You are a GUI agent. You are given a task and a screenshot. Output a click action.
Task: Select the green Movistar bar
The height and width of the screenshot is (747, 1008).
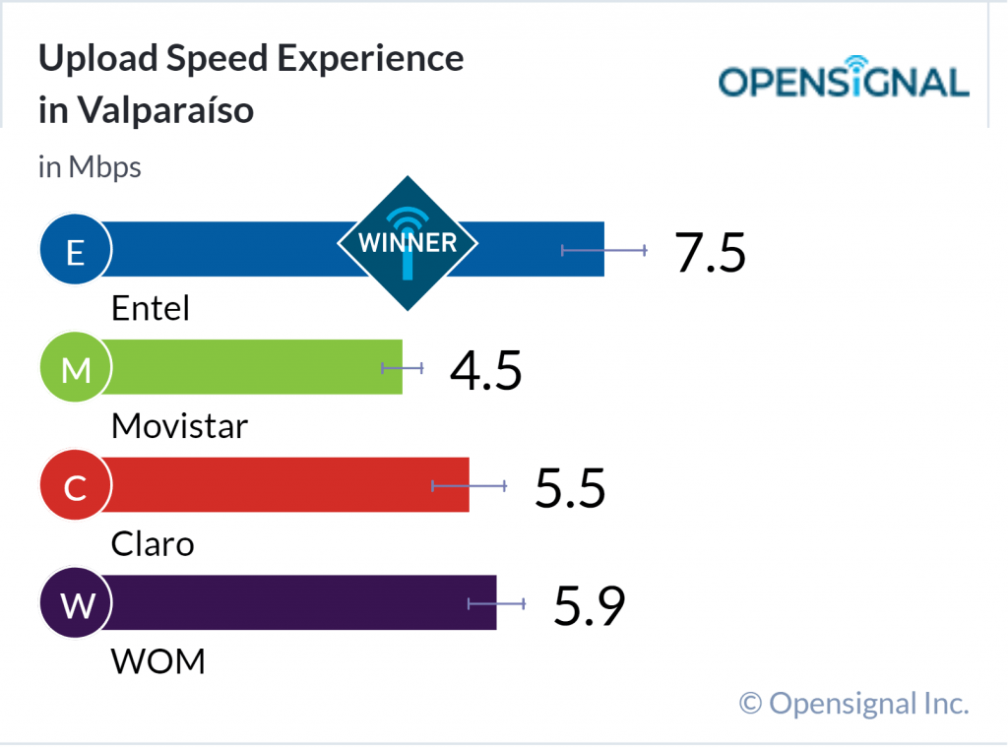tap(246, 367)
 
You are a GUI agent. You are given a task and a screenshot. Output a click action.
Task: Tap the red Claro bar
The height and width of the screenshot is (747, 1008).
tap(276, 484)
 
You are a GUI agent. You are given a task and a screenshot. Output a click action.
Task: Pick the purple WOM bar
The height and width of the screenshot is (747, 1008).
tap(285, 602)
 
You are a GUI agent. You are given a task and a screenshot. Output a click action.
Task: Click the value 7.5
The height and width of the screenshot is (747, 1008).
tap(711, 253)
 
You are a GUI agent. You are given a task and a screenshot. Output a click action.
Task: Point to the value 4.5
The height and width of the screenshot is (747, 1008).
tap(485, 371)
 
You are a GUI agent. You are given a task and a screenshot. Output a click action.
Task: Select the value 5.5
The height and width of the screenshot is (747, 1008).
tap(570, 488)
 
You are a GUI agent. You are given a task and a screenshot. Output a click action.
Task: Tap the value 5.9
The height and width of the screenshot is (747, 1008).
tap(589, 606)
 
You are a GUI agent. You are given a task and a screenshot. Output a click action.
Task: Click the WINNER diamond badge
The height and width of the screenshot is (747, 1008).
tap(408, 242)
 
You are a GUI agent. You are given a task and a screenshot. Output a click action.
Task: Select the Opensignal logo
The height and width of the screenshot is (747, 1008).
tap(844, 82)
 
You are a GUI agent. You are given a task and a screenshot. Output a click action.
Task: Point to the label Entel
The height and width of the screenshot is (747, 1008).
tap(151, 308)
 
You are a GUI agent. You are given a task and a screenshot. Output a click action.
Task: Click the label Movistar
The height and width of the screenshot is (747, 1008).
tap(180, 426)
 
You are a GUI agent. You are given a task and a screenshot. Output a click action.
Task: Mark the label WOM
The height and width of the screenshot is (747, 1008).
tap(158, 661)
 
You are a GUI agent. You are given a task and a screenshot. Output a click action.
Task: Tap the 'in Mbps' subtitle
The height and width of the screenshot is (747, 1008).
tap(90, 167)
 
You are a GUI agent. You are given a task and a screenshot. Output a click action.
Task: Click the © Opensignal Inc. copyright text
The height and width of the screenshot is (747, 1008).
tap(853, 703)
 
